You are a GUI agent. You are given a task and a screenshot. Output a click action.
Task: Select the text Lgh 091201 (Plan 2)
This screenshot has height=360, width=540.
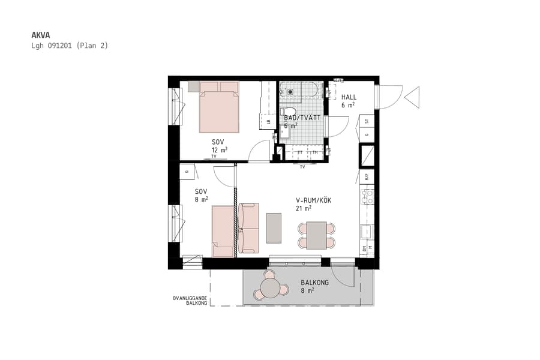pyautogui.click(x=70, y=46)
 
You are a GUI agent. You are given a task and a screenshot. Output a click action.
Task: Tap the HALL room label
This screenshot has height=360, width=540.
pyautogui.click(x=349, y=97)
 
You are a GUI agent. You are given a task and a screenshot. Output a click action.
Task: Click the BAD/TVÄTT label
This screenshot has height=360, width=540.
pyautogui.click(x=303, y=118)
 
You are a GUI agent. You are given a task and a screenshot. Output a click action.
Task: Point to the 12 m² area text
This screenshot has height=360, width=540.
pyautogui.click(x=219, y=150)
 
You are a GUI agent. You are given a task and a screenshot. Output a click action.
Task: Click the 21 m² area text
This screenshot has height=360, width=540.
pyautogui.click(x=303, y=208)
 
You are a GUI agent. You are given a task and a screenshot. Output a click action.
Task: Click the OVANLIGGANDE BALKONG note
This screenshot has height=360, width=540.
pyautogui.click(x=190, y=301)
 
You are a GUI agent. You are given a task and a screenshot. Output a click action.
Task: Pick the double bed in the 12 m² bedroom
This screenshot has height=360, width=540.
pyautogui.click(x=220, y=108)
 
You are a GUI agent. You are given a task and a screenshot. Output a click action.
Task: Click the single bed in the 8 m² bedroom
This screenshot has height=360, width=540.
pyautogui.click(x=223, y=231)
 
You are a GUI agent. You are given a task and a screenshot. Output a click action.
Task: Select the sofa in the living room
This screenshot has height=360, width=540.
pyautogui.click(x=248, y=227)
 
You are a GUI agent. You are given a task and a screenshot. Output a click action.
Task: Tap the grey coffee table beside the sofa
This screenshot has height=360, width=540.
pyautogui.click(x=274, y=228)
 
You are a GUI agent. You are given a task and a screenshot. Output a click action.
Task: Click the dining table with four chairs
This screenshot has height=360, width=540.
pyautogui.click(x=316, y=235)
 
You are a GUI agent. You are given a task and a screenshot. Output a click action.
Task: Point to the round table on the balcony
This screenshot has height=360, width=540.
pyautogui.click(x=271, y=290)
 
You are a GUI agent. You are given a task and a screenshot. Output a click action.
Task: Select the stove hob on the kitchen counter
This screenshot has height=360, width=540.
pyautogui.click(x=367, y=197)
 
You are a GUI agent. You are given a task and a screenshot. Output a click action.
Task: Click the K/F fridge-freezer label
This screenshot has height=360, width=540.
pyautogui.click(x=366, y=177)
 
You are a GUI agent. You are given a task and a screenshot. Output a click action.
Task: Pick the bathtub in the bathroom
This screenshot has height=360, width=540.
pyautogui.click(x=300, y=91)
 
